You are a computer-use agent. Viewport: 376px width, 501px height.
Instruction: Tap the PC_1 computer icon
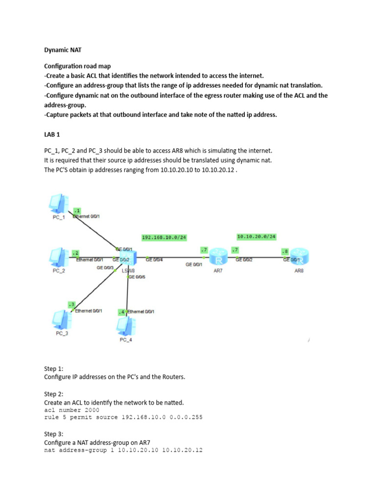[58, 204]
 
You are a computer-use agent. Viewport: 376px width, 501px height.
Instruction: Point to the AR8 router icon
[299, 257]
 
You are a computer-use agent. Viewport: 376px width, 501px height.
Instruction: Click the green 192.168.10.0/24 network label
[164, 238]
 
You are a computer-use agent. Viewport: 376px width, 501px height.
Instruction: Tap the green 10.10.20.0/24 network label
[256, 237]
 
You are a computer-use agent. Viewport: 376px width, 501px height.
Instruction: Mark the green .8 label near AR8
[284, 251]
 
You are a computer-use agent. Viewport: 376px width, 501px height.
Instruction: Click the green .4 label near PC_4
[121, 312]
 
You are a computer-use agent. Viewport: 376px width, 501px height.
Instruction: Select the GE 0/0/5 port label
[137, 277]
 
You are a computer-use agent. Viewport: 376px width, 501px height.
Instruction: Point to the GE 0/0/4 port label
[155, 260]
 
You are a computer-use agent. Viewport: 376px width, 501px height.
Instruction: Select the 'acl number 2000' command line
[71, 410]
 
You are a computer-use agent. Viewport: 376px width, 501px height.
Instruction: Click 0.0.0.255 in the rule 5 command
[185, 417]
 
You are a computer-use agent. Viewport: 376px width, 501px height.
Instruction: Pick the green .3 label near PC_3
[71, 304]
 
